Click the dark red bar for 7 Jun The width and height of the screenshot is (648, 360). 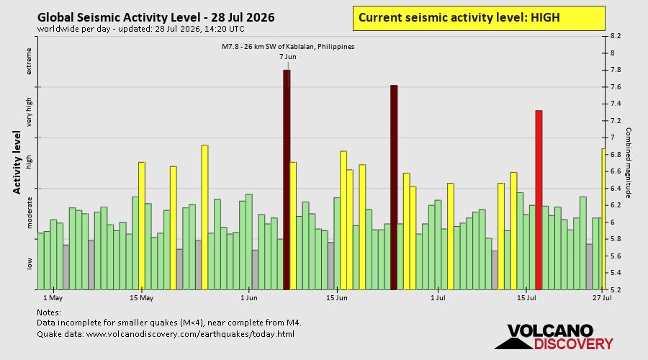click(x=287, y=180)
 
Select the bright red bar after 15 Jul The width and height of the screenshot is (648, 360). click(x=539, y=200)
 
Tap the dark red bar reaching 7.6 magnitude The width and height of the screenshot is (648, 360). click(x=394, y=187)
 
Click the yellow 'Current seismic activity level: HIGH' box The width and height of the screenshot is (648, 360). click(x=479, y=18)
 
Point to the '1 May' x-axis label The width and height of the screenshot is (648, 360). click(x=53, y=298)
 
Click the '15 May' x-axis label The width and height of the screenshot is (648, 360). click(x=141, y=298)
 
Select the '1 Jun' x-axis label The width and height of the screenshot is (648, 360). click(x=249, y=298)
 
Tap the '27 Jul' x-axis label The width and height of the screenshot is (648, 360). click(x=602, y=298)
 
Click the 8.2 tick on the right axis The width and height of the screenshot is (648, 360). click(x=615, y=36)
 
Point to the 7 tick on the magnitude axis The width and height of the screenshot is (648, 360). click(x=613, y=138)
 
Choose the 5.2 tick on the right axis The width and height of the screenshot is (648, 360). click(x=615, y=289)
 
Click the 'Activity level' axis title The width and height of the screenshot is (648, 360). click(x=17, y=163)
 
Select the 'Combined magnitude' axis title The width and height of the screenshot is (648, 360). click(x=628, y=163)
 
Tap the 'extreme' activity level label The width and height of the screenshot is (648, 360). click(x=29, y=62)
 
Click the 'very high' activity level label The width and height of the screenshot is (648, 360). click(x=29, y=112)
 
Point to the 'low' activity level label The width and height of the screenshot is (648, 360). click(x=29, y=264)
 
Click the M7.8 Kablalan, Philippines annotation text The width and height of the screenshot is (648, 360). click(x=288, y=47)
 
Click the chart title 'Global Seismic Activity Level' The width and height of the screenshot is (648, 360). click(x=122, y=17)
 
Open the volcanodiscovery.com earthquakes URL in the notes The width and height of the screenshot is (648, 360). click(x=190, y=334)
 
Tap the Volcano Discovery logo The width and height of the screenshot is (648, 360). click(x=554, y=337)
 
